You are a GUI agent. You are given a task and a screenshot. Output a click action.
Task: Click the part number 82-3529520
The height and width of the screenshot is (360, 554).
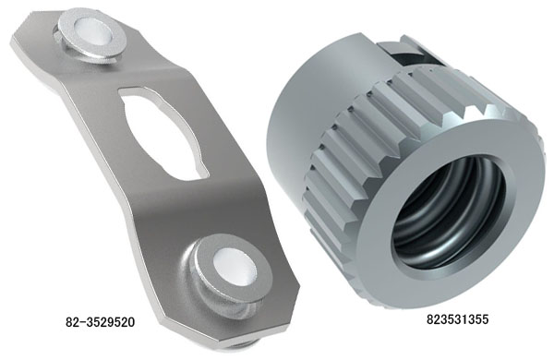click(101, 322)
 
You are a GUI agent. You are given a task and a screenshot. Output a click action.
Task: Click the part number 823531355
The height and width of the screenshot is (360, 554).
click(458, 319)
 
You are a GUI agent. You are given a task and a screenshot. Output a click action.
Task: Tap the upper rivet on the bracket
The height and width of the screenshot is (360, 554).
click(90, 36)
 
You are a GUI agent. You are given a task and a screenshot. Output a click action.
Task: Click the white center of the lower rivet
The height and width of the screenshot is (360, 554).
click(235, 266)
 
